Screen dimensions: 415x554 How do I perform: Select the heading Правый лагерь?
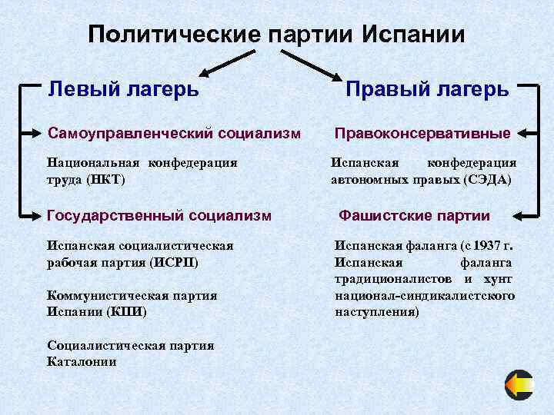pyautogui.click(x=427, y=88)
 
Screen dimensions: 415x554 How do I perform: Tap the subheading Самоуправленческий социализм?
pyautogui.click(x=174, y=134)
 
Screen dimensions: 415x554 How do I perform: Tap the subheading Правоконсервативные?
pyautogui.click(x=422, y=134)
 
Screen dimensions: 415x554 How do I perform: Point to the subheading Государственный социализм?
pyautogui.click(x=159, y=216)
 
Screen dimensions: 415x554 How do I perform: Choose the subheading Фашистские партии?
pyautogui.click(x=415, y=216)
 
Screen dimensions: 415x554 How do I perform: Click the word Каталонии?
pyautogui.click(x=82, y=360)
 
